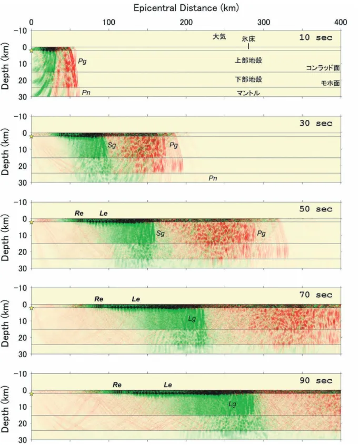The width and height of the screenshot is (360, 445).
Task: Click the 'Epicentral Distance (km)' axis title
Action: (186, 8)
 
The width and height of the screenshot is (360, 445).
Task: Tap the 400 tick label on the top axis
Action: (341, 22)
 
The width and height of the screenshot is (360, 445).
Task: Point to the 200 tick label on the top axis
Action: (186, 22)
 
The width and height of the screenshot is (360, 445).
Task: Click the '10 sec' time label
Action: (316, 37)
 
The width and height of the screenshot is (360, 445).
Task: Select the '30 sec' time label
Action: (316, 123)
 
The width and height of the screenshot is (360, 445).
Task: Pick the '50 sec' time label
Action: (316, 209)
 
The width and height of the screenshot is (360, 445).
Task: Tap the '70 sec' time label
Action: (316, 295)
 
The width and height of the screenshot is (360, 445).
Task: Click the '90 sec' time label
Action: (316, 381)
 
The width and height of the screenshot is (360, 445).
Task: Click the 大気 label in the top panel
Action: (219, 37)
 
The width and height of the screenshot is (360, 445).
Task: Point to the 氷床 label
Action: (248, 39)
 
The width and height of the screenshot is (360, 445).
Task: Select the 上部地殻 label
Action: (248, 60)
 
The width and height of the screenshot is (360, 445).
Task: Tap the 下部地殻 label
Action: (248, 79)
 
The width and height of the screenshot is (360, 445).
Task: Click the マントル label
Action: (248, 93)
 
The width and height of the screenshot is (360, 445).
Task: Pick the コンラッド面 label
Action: (323, 68)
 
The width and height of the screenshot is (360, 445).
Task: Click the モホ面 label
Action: (330, 83)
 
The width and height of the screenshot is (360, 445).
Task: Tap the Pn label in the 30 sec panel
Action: (213, 178)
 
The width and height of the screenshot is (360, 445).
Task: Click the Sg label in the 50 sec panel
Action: (161, 234)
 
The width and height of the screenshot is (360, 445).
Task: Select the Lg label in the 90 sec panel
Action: (232, 404)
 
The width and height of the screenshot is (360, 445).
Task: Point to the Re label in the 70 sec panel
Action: (99, 299)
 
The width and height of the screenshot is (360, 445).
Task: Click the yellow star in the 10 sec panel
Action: (31, 50)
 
